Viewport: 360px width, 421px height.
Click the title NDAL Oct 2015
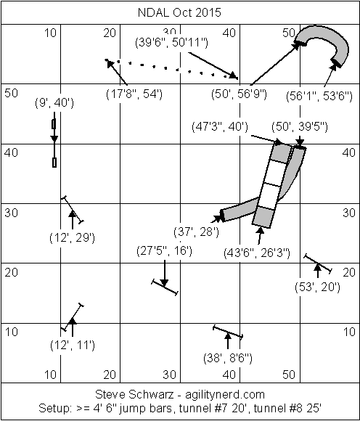179,12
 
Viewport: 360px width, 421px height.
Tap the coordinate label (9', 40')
54,103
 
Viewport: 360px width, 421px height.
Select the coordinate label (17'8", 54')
134,94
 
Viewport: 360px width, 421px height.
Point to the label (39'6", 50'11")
171,42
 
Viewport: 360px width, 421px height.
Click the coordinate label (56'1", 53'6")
319,96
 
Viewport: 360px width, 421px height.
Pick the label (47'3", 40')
220,127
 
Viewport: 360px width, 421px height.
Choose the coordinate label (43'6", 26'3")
257,253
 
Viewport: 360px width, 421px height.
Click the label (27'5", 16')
164,251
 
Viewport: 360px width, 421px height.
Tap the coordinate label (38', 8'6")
228,359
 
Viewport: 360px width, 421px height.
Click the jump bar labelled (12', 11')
73,317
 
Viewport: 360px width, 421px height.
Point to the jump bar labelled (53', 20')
318,263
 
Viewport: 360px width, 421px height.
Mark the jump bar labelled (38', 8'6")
228,332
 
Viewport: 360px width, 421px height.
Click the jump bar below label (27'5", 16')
165,287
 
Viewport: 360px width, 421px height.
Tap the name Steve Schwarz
135,395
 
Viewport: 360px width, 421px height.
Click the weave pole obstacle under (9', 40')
54,139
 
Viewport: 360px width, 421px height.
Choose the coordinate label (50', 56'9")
240,94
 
